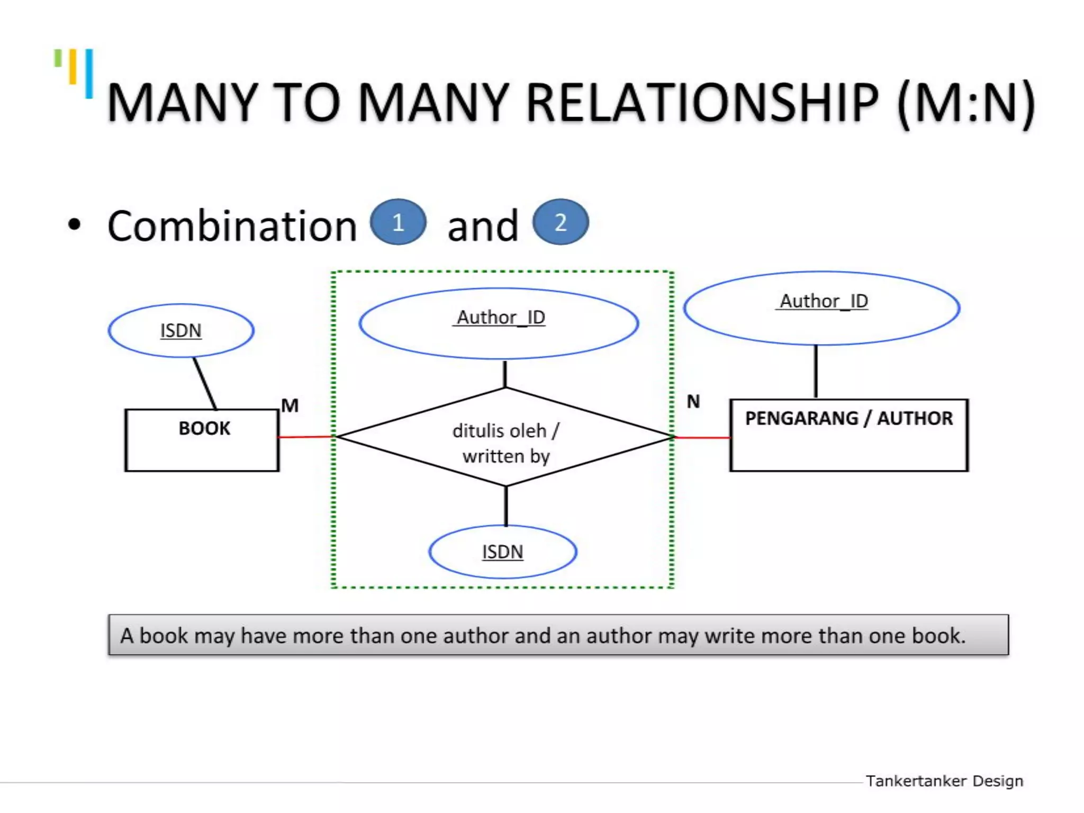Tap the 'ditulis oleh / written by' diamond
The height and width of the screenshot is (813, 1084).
tap(505, 437)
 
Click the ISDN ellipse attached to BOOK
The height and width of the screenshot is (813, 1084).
tap(181, 330)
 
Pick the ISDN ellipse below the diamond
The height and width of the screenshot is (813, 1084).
tap(502, 552)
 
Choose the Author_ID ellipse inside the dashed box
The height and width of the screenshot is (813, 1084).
tap(499, 323)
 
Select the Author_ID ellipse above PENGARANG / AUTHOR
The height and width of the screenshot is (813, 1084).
tap(821, 308)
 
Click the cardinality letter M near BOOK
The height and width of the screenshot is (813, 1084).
tap(290, 405)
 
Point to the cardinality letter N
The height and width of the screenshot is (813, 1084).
tap(693, 402)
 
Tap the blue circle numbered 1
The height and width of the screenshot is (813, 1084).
tap(398, 222)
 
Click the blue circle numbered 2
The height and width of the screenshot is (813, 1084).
tap(561, 222)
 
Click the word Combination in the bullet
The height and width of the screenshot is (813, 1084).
tap(232, 227)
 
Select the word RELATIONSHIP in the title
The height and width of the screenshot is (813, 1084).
tap(702, 103)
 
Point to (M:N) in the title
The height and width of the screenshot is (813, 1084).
tap(966, 103)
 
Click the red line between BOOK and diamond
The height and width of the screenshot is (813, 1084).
tap(306, 437)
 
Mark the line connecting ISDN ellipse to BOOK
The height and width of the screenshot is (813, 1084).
tap(204, 383)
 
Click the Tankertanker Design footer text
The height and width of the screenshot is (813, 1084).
tap(944, 781)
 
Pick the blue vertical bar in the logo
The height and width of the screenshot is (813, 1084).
tap(89, 74)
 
